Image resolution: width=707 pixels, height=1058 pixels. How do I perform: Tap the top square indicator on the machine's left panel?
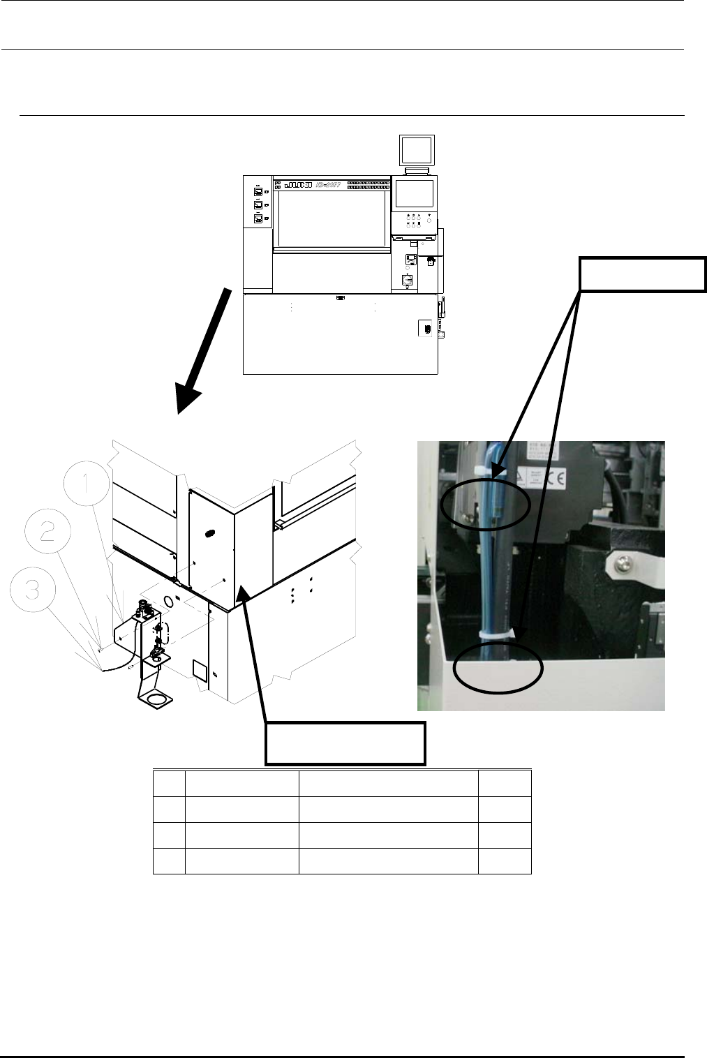(x=257, y=191)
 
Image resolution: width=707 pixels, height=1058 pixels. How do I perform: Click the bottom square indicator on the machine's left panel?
(x=257, y=218)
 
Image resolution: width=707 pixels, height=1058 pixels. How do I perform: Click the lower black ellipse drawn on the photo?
(x=498, y=668)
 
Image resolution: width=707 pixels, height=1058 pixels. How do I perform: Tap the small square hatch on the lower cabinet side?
(x=198, y=671)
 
